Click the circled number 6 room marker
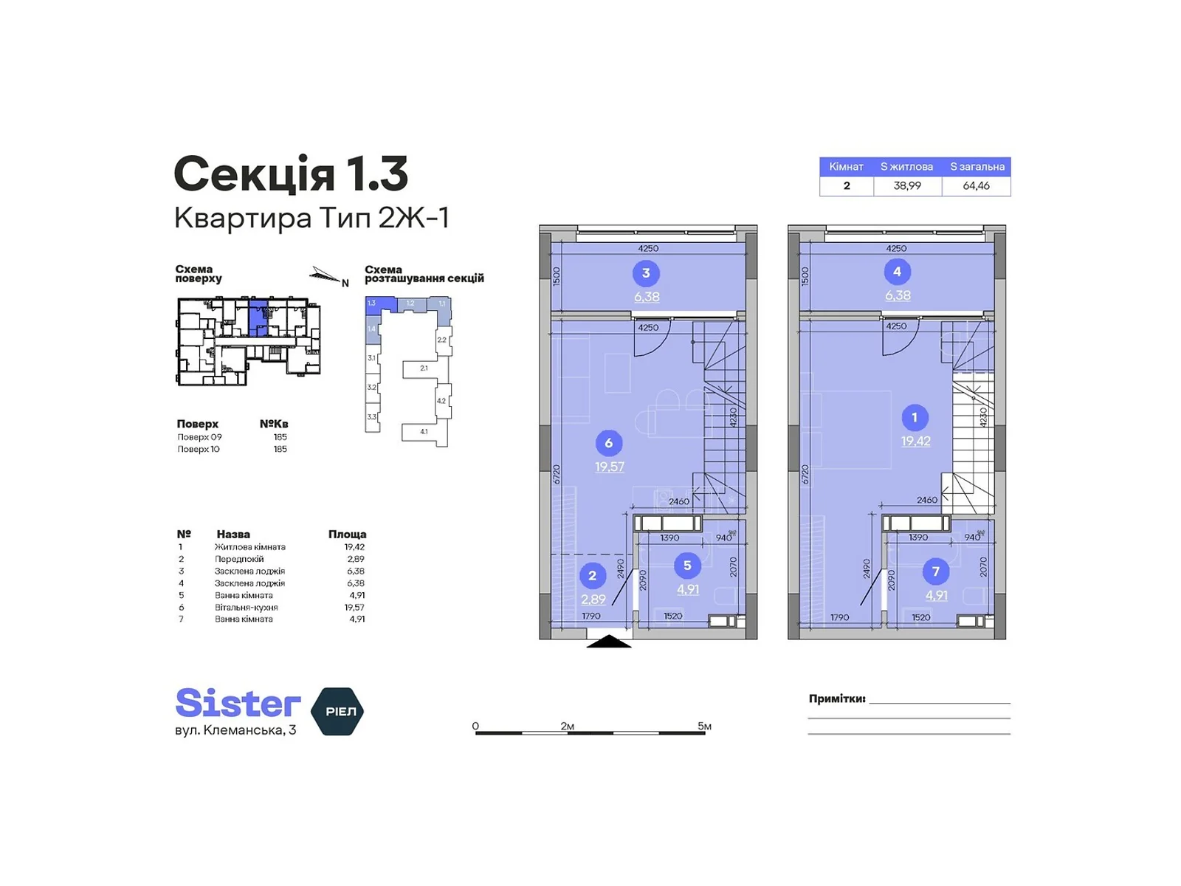[608, 443]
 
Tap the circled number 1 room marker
[915, 417]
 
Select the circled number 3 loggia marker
[646, 273]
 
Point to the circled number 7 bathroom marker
[935, 571]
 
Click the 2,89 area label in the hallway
[593, 600]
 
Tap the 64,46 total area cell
[976, 186]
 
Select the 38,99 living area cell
[907, 186]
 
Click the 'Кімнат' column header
[846, 167]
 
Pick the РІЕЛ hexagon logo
[338, 711]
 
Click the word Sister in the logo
[238, 703]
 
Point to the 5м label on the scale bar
[704, 727]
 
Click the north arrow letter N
[345, 283]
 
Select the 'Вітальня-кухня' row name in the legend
[246, 607]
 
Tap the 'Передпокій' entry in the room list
[238, 559]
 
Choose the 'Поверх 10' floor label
[199, 449]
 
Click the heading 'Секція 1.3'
[291, 174]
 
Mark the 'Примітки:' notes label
[836, 698]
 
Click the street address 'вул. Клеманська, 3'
[235, 730]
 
